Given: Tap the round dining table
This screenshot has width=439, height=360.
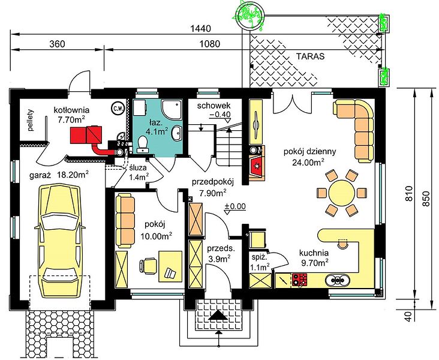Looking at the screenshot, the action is [342, 193].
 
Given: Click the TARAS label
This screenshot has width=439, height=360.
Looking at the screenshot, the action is [311, 56].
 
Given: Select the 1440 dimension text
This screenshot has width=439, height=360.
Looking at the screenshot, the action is [200, 28].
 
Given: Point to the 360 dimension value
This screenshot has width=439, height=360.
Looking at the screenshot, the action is [57, 44].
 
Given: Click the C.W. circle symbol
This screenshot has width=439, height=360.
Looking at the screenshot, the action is [118, 108].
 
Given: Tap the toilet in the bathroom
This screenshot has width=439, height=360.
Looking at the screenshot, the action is [143, 144].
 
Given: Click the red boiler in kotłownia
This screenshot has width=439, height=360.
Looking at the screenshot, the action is [86, 135].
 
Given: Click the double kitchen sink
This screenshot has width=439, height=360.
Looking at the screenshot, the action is [338, 280].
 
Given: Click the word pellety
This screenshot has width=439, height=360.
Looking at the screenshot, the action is [31, 120].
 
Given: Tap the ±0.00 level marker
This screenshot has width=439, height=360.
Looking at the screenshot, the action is [235, 207].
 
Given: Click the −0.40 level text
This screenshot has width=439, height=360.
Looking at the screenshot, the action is [220, 115].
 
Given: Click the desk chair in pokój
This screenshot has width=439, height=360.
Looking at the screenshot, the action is [148, 265].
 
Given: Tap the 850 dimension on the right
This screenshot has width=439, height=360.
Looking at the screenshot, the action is [426, 199].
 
